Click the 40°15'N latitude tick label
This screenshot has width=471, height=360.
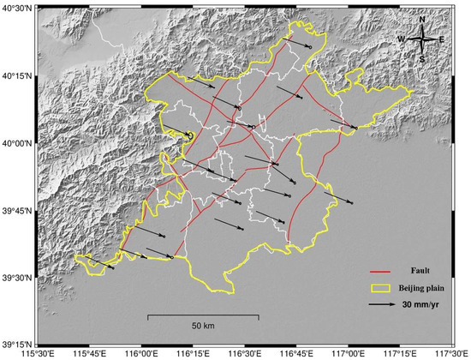16,76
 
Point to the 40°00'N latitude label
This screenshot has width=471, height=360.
16,143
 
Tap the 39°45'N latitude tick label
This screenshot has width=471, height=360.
16,210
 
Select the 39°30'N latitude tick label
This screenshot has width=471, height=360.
16,278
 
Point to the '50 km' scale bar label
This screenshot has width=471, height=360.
202,327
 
